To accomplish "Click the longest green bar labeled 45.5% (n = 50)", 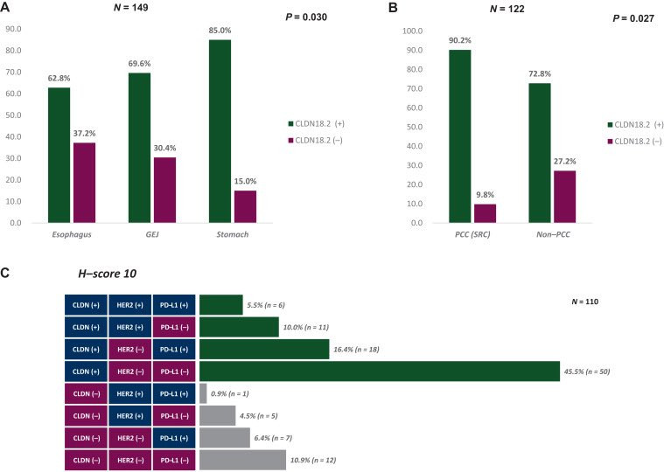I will click(380, 371).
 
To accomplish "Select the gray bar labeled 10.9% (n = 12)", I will click(242, 460).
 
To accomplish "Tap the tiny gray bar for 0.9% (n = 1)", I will click(203, 393).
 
